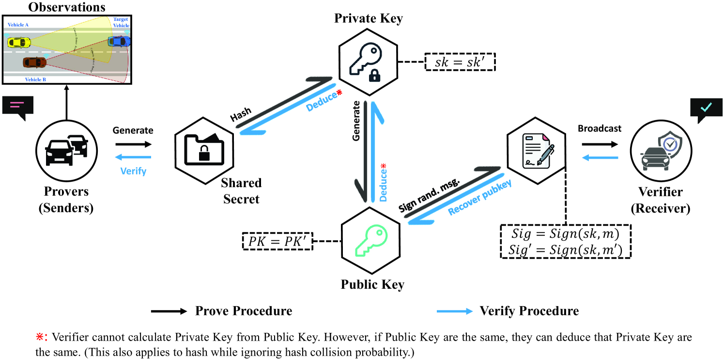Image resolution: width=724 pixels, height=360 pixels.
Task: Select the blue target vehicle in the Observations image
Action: pyautogui.click(x=119, y=41)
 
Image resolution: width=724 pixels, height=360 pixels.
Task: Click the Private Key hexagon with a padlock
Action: pyautogui.click(x=368, y=62)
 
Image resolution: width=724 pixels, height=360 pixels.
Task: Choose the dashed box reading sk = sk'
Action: pyautogui.click(x=460, y=62)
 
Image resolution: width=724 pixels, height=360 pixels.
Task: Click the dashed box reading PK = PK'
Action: pyautogui.click(x=277, y=241)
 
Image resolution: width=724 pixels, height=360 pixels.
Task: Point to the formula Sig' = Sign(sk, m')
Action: pyautogui.click(x=566, y=250)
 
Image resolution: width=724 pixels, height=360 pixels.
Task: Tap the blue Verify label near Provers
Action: pyautogui.click(x=133, y=171)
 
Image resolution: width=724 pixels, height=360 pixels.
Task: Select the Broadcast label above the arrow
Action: pyautogui.click(x=600, y=129)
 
